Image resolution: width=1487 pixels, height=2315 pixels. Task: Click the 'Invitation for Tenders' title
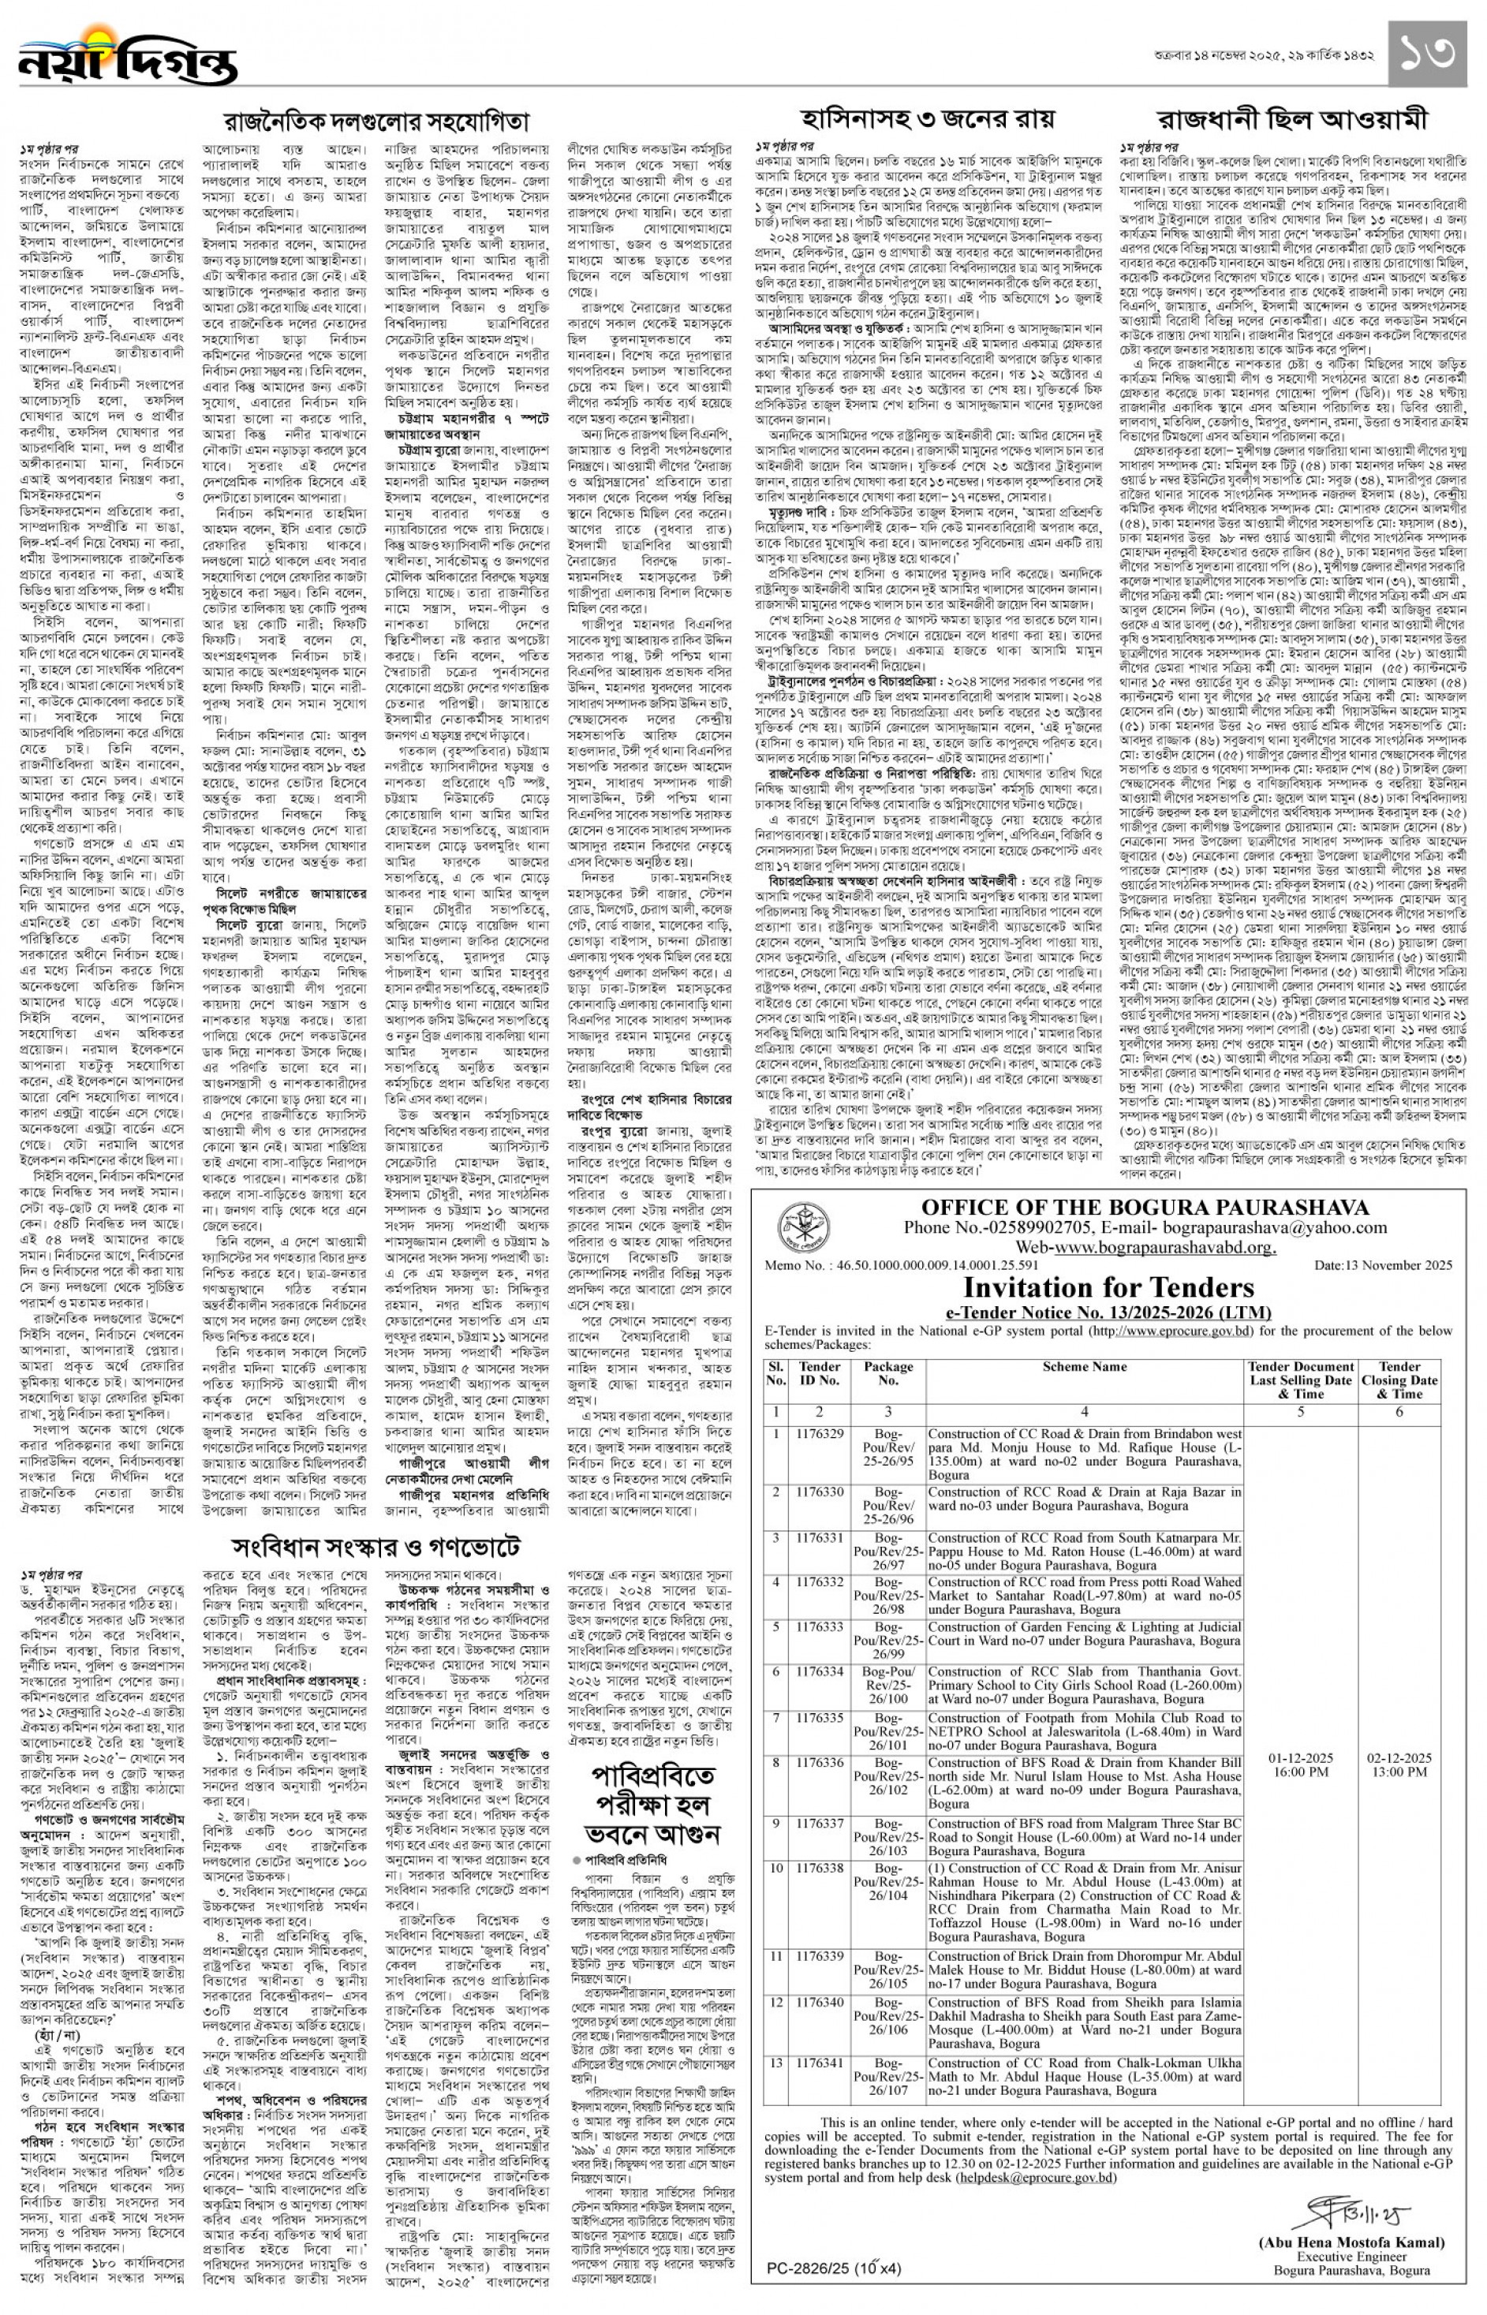tap(1108, 1287)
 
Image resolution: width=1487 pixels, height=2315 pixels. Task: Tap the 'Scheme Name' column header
tap(1085, 1367)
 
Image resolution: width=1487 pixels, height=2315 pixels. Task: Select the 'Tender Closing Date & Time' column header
tap(1400, 1380)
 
